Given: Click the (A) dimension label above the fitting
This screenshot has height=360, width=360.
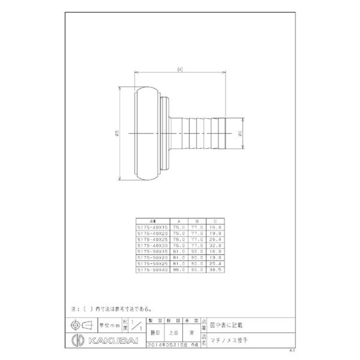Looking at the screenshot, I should click(180, 69).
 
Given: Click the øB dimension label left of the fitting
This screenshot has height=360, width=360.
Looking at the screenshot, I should click(117, 133).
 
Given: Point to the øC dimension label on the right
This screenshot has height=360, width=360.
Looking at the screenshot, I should click(241, 133).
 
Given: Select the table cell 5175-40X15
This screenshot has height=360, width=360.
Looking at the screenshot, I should click(152, 228).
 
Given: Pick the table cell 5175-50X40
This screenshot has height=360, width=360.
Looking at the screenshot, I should click(152, 269).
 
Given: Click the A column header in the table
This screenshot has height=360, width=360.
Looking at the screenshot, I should click(179, 222).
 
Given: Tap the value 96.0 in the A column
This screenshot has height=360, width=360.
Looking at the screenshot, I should click(179, 269).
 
